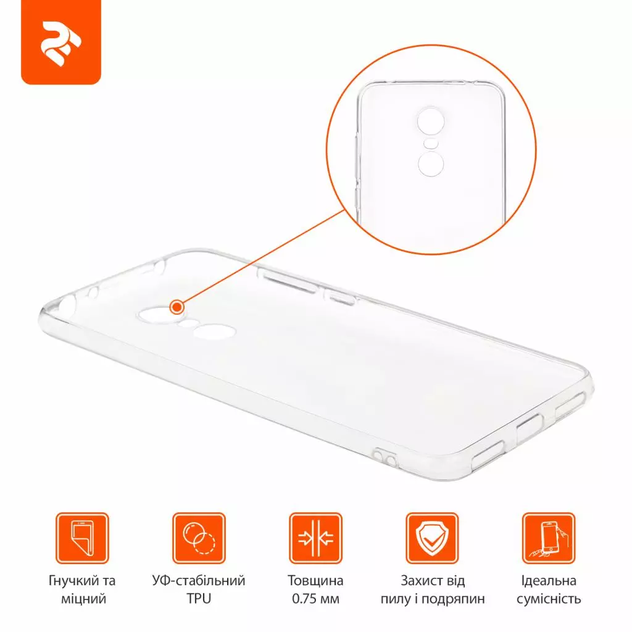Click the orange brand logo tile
click(x=60, y=43)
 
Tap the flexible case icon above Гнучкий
click(x=81, y=539)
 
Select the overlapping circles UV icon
click(x=198, y=539)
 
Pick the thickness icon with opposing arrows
click(x=315, y=539)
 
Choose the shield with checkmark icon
click(x=432, y=539)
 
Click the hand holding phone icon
click(x=549, y=539)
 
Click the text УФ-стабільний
click(x=198, y=581)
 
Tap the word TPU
click(x=198, y=599)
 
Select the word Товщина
click(x=315, y=581)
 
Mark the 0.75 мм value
click(x=315, y=599)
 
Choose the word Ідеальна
click(x=549, y=581)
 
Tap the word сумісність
click(x=549, y=599)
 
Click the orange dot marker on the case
click(x=178, y=306)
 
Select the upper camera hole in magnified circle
click(x=431, y=122)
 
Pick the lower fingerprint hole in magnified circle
click(x=431, y=164)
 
